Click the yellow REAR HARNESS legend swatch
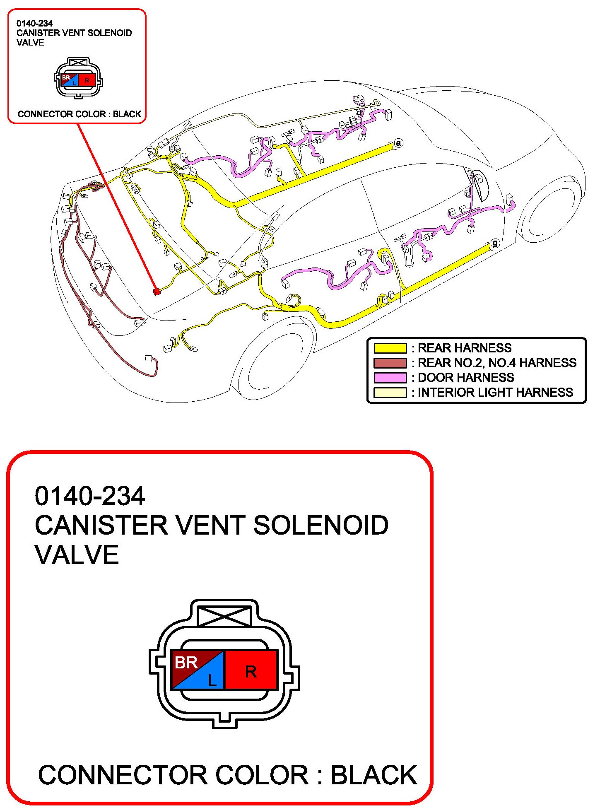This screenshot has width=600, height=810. click(390, 348)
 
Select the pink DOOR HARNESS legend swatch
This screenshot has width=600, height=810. click(390, 378)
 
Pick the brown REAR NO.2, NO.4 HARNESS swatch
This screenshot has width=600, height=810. click(390, 363)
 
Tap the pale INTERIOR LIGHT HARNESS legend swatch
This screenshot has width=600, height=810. click(390, 393)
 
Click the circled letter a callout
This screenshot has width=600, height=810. click(398, 143)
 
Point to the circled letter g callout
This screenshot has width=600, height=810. click(494, 243)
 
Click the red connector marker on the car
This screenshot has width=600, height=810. click(157, 292)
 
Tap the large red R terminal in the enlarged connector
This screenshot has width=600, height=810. click(251, 671)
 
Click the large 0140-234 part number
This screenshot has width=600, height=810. click(90, 496)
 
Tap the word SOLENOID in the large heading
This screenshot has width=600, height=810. click(321, 526)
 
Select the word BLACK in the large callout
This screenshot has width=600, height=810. click(374, 775)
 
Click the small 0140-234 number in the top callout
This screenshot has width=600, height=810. click(34, 24)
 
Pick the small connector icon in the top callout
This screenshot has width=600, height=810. click(79, 78)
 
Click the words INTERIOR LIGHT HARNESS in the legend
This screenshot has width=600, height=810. click(495, 393)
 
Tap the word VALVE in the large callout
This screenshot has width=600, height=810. click(77, 555)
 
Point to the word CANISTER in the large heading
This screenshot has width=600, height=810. click(101, 526)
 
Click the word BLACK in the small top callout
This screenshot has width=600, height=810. click(127, 114)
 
